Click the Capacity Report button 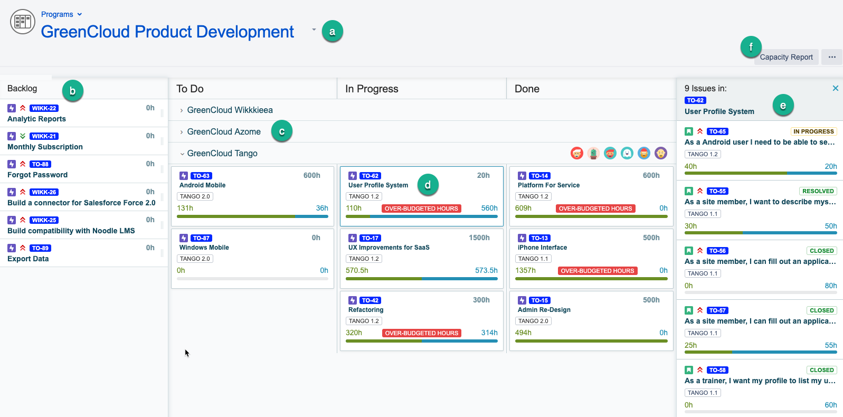pos(786,57)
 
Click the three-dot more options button pos(832,57)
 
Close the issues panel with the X pos(835,88)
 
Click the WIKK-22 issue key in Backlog pos(44,108)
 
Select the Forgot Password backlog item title pos(37,175)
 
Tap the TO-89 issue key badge pos(40,248)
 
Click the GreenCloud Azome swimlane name pos(224,131)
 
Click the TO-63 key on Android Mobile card pos(201,176)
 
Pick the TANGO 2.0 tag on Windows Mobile pos(195,259)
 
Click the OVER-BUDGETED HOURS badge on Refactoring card pos(421,333)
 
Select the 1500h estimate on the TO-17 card pos(479,238)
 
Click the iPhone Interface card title pos(542,248)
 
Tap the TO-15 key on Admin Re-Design pos(539,300)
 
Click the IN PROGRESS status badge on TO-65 pos(813,131)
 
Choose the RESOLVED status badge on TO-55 pos(818,191)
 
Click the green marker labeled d pos(428,185)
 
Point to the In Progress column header pos(372,89)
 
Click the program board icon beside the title pos(23,22)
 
